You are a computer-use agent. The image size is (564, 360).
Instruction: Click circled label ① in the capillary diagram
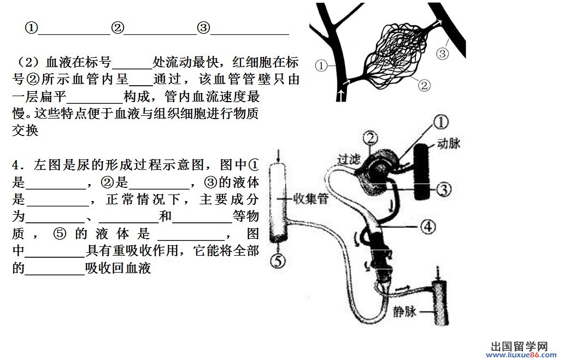tap(320, 66)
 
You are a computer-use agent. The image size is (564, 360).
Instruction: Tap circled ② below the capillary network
tap(424, 85)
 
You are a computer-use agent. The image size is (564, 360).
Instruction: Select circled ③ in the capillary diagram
tap(442, 54)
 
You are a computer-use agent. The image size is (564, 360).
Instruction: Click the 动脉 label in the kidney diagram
tap(449, 144)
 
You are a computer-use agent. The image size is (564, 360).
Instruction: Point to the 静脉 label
tap(405, 312)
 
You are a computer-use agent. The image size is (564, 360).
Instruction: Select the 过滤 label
tap(349, 159)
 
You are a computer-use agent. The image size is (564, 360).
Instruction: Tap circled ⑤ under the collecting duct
tap(278, 261)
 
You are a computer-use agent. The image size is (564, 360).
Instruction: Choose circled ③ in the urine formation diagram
tap(443, 189)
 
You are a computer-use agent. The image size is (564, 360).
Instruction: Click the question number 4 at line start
tap(17, 164)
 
